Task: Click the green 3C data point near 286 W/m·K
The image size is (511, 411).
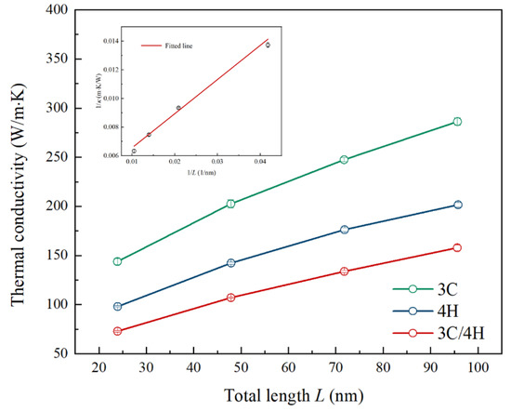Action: point(457,122)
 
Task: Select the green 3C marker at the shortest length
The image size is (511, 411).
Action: point(118,261)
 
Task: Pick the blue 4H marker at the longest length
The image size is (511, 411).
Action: point(457,205)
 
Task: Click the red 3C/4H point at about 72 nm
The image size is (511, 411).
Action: point(344,272)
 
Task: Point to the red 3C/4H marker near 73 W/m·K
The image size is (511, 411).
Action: point(118,331)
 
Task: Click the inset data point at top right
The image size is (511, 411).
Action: point(268,45)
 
